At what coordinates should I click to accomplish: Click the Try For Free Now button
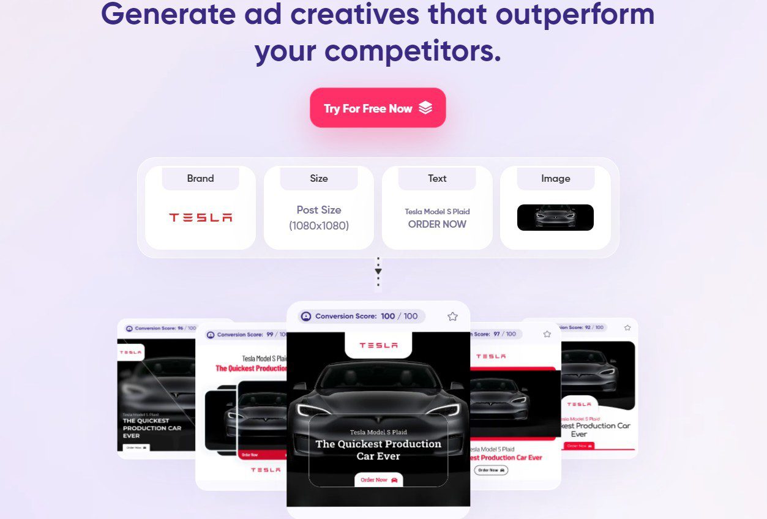pos(377,108)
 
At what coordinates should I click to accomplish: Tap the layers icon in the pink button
pos(425,108)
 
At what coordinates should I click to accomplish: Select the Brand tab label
pos(200,179)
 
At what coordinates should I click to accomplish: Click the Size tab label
pos(318,179)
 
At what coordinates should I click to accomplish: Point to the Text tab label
pos(437,179)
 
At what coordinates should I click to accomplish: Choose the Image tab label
pos(555,179)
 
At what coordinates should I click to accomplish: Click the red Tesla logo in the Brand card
pos(200,217)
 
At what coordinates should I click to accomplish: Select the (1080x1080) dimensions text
pos(318,226)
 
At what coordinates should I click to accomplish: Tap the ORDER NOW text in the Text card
pos(437,224)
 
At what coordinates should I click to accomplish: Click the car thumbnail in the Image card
pos(555,217)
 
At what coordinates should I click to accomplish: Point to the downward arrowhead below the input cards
pos(378,271)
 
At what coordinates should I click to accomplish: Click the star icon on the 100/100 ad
pos(452,316)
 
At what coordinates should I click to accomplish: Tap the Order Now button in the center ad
pos(378,480)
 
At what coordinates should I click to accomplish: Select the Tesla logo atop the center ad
pos(378,345)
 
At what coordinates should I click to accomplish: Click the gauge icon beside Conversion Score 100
pos(306,316)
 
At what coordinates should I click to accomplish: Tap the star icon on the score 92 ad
pos(627,328)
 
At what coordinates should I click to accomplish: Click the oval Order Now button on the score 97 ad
pos(491,470)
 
